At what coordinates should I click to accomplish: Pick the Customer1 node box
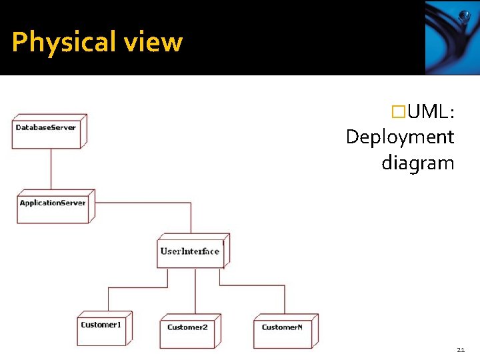tap(103, 328)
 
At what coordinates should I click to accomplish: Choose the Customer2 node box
tap(189, 331)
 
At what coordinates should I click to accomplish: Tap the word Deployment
tap(400, 137)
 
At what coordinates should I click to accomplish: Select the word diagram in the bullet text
tap(417, 163)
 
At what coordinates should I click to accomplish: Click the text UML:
tap(431, 112)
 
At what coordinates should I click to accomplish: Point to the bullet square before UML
tap(399, 112)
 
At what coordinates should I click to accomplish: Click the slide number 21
tap(461, 349)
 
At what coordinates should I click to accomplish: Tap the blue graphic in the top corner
tap(451, 37)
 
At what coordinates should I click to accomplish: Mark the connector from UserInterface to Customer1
tap(133, 287)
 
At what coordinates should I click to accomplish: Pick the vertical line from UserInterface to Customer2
tap(195, 293)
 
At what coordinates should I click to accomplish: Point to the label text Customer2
tap(187, 327)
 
